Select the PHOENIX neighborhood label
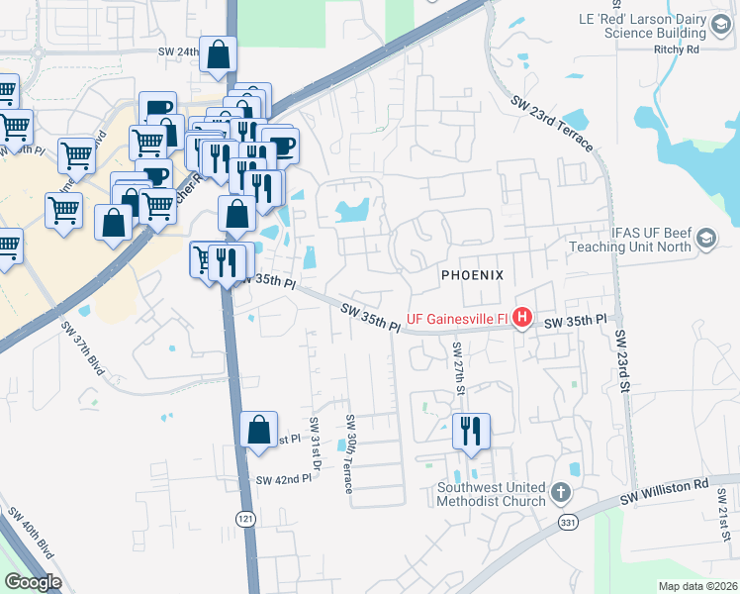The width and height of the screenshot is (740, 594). pos(473,274)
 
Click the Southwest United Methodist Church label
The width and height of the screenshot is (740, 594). pos(492,493)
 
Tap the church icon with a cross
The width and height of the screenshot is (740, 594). pos(560,492)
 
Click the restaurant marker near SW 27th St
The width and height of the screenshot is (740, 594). pos(471,432)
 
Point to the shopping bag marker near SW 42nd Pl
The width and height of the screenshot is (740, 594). pos(258,431)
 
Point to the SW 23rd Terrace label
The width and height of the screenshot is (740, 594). pos(551,124)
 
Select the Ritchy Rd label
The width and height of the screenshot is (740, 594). pos(676,48)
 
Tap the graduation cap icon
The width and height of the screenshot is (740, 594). pos(706,238)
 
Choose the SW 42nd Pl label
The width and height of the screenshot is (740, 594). pos(284,479)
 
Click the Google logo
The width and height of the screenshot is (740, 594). pos(33,581)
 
